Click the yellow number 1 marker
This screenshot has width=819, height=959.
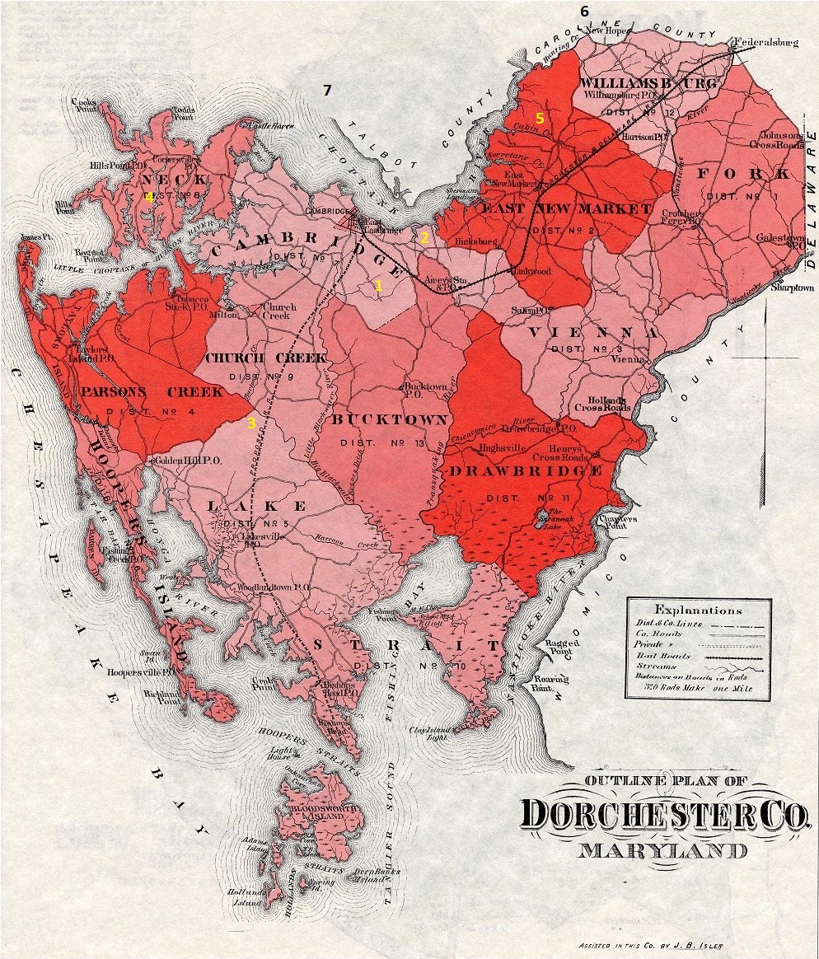tap(378, 286)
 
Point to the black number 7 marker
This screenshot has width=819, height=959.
tap(327, 91)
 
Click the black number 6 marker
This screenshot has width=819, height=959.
tap(585, 12)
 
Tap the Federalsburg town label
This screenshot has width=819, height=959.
tap(765, 41)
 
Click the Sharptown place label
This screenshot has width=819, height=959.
tap(792, 288)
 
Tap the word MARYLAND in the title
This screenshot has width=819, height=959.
tap(663, 851)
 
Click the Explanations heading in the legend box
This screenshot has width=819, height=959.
tap(698, 610)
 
